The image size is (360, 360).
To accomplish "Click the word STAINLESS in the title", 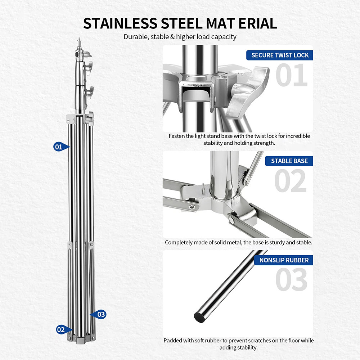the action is click(120, 23).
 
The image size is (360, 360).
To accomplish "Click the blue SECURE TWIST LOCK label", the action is click(280, 55).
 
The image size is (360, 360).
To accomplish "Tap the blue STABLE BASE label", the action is click(289, 161).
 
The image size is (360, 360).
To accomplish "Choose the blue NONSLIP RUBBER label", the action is click(284, 260).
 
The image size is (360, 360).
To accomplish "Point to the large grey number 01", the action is click(291, 75).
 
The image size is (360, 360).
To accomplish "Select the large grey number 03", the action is click(291, 279).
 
